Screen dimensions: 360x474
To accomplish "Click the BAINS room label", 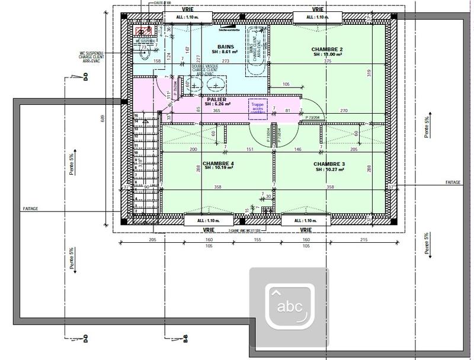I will (x=226, y=46).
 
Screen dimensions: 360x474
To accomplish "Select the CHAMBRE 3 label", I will (x=329, y=163).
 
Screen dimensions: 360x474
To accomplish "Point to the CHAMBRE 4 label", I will (x=218, y=163).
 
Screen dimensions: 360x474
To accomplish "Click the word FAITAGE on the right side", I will (x=454, y=182).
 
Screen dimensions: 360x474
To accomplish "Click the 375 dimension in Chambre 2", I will (x=328, y=61).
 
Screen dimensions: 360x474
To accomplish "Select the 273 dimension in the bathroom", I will (x=226, y=61).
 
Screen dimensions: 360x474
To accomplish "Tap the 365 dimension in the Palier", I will (x=216, y=111).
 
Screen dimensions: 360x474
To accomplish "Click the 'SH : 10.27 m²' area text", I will (x=329, y=169).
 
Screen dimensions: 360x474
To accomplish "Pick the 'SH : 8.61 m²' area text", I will (x=226, y=52).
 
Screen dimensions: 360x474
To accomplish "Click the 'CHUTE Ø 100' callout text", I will (x=164, y=3).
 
